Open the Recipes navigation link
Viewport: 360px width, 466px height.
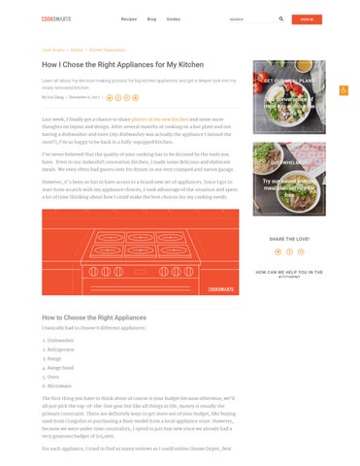point(128,18)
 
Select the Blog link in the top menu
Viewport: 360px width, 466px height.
point(152,18)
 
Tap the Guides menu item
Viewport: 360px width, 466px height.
point(174,18)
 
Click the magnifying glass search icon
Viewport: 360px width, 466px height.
point(281,18)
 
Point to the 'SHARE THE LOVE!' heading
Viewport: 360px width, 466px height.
point(289,238)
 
